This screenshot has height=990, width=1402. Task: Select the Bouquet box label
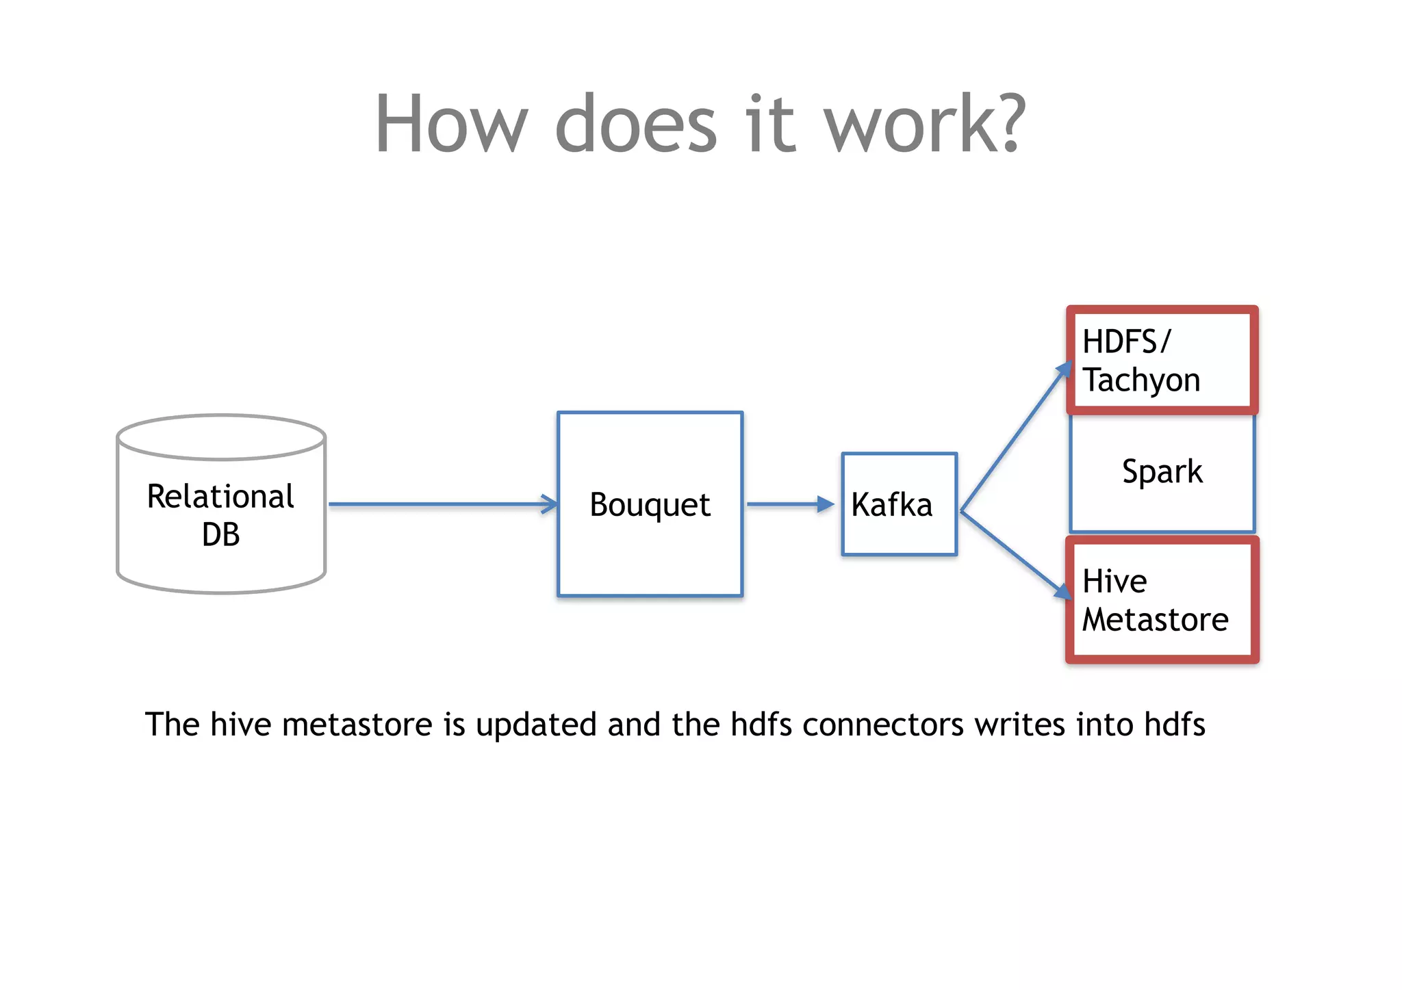coord(650,505)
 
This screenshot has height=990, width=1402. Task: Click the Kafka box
coord(898,504)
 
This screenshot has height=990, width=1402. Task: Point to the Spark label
coord(1162,471)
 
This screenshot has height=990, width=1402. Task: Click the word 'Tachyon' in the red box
coord(1141,380)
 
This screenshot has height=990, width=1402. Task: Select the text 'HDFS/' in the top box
coord(1127,341)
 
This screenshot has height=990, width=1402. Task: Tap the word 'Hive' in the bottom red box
coord(1114,582)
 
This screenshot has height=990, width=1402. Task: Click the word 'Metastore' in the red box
coord(1155,620)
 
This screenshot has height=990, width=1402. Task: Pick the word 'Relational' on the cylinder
coord(220,497)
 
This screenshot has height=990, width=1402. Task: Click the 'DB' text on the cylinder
coord(220,534)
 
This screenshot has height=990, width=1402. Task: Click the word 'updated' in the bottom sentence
coord(536,725)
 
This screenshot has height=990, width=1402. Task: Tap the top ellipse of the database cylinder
coord(220,437)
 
